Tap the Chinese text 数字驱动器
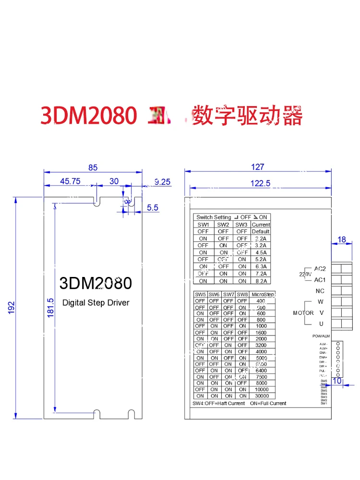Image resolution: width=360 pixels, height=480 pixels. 247,115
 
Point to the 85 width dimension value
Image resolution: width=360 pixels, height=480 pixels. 93,168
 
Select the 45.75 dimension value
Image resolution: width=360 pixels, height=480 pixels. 70,181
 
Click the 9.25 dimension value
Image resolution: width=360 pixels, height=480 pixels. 163,181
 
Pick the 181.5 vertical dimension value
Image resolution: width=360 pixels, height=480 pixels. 50,307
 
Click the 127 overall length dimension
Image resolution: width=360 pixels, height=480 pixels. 258,167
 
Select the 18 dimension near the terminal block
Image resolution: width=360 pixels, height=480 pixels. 341,240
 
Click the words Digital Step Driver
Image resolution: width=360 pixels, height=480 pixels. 96,303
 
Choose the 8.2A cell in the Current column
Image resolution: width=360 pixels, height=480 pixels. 261,281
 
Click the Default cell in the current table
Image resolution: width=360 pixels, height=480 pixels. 261,231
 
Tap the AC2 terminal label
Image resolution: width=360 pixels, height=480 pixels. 320,268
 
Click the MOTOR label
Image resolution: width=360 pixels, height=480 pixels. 303,313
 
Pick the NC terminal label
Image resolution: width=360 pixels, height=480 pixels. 320,291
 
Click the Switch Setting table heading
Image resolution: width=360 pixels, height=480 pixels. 214,217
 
